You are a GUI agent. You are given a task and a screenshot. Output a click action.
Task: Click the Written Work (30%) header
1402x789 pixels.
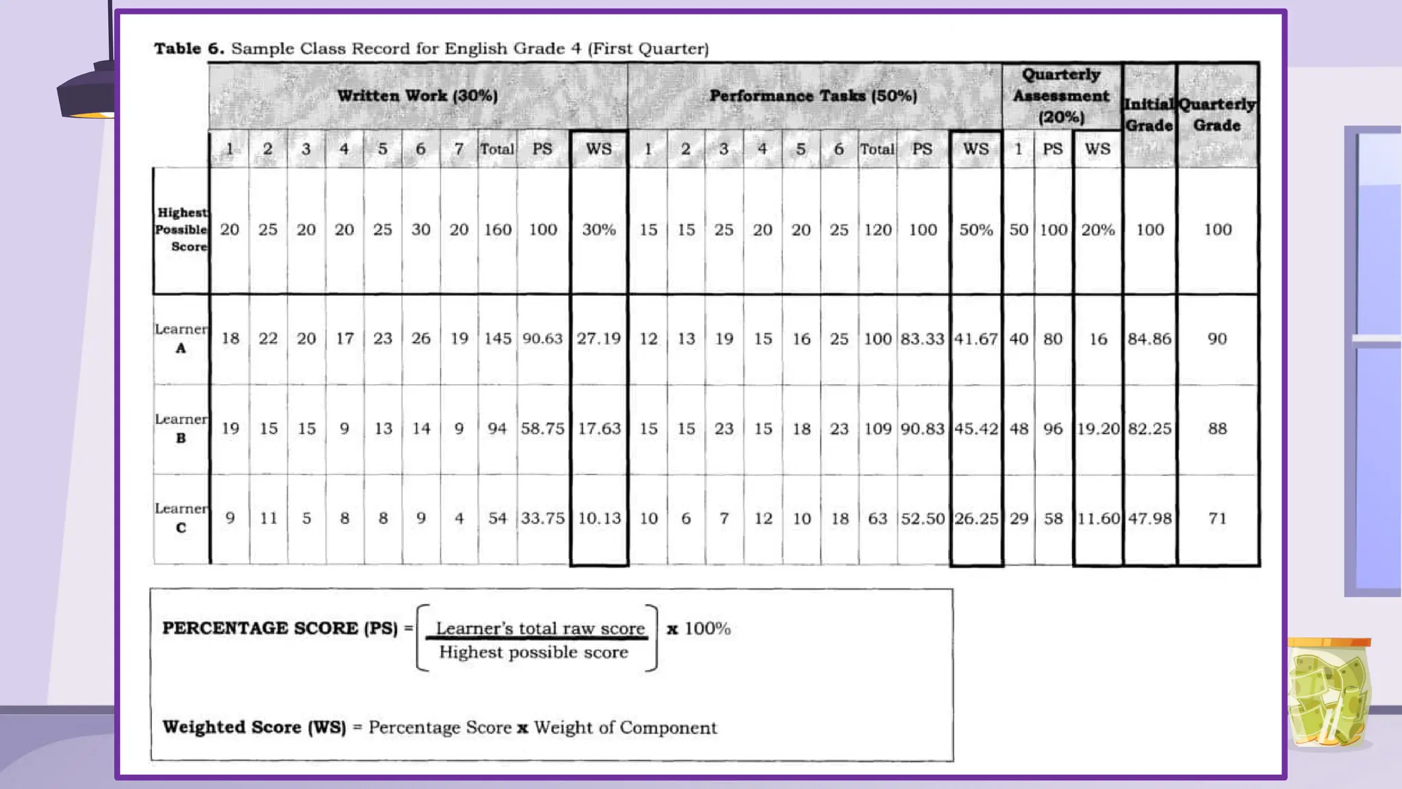click(x=418, y=96)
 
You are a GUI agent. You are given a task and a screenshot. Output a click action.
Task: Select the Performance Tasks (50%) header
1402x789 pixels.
click(x=813, y=96)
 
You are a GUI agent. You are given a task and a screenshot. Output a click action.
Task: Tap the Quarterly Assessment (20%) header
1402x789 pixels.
click(x=1061, y=96)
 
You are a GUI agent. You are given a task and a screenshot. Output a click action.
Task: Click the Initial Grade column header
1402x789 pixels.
click(x=1149, y=115)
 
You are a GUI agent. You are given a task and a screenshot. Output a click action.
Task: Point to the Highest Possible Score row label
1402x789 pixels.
click(x=181, y=229)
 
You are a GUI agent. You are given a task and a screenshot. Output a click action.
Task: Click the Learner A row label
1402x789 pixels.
click(x=181, y=338)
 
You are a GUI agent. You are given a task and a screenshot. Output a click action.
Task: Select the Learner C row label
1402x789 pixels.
click(x=181, y=518)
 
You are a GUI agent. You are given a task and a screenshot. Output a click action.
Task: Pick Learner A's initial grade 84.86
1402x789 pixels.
click(x=1149, y=339)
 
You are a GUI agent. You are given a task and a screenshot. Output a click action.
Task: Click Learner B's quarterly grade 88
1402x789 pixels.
click(x=1217, y=429)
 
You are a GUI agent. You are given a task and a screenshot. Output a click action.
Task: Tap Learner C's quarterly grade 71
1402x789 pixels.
click(x=1217, y=518)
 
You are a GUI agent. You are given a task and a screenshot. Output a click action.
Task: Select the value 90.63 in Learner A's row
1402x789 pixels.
click(x=542, y=339)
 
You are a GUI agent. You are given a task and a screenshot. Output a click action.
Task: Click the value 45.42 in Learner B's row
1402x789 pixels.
click(x=976, y=429)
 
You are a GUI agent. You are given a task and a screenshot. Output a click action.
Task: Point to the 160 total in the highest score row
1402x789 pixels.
click(x=498, y=230)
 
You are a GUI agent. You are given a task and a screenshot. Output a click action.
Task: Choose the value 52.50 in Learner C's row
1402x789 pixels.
click(x=923, y=518)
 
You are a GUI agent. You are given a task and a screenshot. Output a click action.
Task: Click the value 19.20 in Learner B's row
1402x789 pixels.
click(x=1098, y=429)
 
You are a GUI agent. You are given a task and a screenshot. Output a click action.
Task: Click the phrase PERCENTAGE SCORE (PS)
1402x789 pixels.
click(x=279, y=628)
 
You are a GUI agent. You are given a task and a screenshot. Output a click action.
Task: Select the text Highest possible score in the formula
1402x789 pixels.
click(x=533, y=652)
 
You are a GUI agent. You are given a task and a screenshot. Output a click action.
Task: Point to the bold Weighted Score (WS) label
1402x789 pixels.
click(x=254, y=727)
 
